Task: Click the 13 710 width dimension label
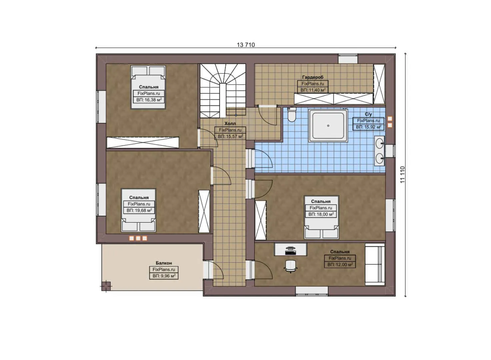[x=246, y=45]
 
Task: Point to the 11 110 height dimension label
[x=402, y=174]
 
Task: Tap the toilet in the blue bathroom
[x=292, y=115]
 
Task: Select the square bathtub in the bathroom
[x=328, y=126]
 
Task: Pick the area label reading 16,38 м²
[x=149, y=100]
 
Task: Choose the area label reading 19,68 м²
[x=139, y=210]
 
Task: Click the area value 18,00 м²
[x=321, y=214]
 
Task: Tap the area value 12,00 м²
[x=340, y=265]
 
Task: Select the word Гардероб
[x=313, y=77]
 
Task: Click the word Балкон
[x=164, y=263]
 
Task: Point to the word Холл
[x=230, y=124]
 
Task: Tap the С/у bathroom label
[x=368, y=114]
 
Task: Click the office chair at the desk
[x=291, y=266]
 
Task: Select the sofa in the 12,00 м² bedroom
[x=375, y=263]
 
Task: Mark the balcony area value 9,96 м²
[x=164, y=276]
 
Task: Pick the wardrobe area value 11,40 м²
[x=313, y=90]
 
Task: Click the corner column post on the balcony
[x=106, y=286]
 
